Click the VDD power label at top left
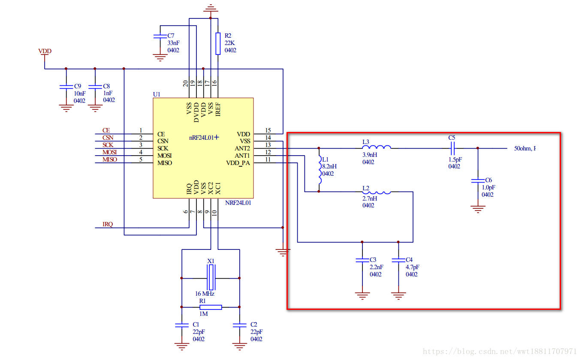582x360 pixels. click(x=45, y=51)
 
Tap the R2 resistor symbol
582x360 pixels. click(x=218, y=43)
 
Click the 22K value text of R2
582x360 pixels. click(x=230, y=43)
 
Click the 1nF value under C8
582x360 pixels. click(x=108, y=93)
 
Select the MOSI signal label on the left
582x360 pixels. click(x=110, y=153)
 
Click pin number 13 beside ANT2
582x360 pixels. click(x=268, y=145)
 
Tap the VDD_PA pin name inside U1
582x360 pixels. click(x=238, y=163)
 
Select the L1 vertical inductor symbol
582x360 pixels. click(x=319, y=170)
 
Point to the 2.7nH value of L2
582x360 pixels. click(x=370, y=198)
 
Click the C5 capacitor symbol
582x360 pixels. click(x=452, y=148)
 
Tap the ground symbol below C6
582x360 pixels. click(x=478, y=209)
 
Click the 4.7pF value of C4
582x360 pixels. click(x=412, y=267)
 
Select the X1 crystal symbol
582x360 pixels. click(x=211, y=278)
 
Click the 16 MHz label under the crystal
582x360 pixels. click(x=205, y=294)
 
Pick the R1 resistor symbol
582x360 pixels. click(x=211, y=307)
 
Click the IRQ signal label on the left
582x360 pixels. click(x=108, y=224)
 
